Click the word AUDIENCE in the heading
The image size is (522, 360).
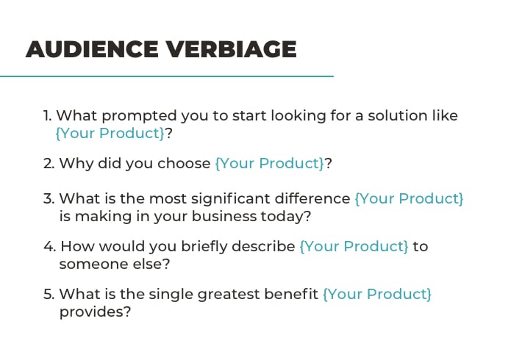92,49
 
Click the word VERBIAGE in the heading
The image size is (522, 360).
232,49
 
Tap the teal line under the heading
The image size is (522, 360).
167,76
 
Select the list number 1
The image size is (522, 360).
48,116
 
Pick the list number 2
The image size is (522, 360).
49,163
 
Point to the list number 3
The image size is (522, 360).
49,198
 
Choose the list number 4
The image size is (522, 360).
49,247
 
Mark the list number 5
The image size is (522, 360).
49,294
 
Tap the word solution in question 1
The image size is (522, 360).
398,115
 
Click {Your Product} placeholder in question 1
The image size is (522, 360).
110,133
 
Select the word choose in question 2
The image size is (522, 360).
184,163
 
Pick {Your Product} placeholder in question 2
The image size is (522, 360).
270,163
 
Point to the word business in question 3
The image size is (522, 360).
224,216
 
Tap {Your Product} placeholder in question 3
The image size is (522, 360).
409,198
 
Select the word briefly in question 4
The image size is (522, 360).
204,247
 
